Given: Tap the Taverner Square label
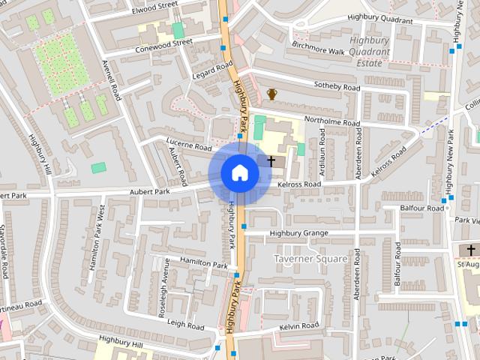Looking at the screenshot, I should (310, 259).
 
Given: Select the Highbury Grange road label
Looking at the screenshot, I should (298, 233).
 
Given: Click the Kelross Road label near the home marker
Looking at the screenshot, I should (298, 184).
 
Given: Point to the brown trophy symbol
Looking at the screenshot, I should (271, 94).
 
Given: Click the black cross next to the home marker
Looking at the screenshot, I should (271, 160).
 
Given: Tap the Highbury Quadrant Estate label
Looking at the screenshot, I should (370, 52).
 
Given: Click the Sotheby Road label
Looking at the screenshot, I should (337, 88).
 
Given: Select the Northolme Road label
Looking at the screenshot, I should (332, 123).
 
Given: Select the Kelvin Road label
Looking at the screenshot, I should (299, 326).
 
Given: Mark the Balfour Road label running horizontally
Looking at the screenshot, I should (423, 207).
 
